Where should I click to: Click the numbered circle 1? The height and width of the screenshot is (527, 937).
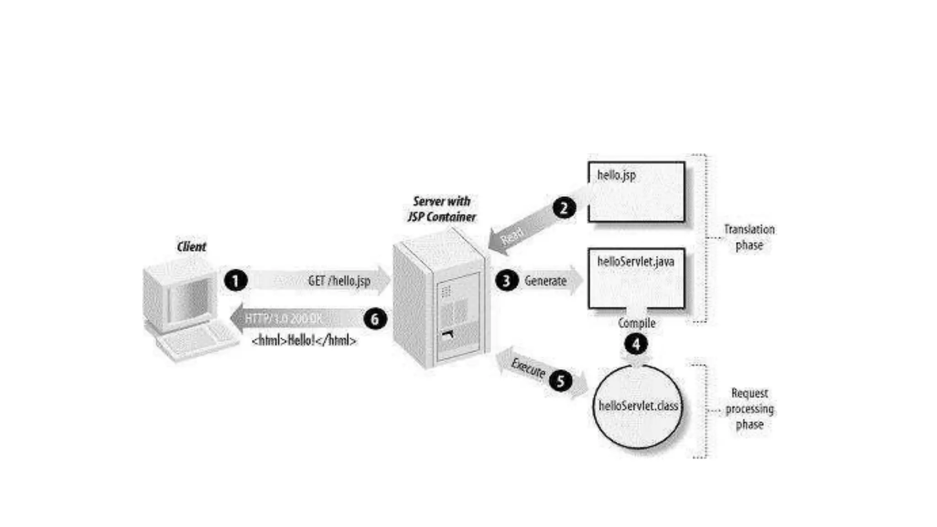tap(236, 280)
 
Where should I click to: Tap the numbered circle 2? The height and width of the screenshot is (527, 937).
tap(564, 208)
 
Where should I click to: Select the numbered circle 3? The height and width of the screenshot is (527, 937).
tap(506, 280)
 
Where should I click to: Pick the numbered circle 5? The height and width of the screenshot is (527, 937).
tap(560, 381)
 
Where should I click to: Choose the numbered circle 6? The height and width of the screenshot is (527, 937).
tap(375, 319)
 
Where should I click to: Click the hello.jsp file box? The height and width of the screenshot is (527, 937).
tap(636, 192)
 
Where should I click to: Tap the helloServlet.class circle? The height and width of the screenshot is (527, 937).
tap(638, 406)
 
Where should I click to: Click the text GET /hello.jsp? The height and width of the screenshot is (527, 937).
tap(339, 280)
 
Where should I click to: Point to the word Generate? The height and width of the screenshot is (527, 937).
tap(545, 280)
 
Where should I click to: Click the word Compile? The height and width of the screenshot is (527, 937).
tap(636, 323)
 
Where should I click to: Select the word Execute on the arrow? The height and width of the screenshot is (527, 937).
tap(528, 368)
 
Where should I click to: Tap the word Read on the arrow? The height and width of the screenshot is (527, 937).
tap(512, 236)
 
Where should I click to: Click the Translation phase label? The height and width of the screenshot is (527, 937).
tap(749, 237)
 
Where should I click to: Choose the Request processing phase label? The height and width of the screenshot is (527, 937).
tap(749, 409)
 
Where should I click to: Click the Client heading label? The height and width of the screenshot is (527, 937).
tap(191, 247)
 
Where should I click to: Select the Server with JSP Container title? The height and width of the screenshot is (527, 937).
tap(442, 209)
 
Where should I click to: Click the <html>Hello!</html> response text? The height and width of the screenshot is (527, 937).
tap(304, 340)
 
